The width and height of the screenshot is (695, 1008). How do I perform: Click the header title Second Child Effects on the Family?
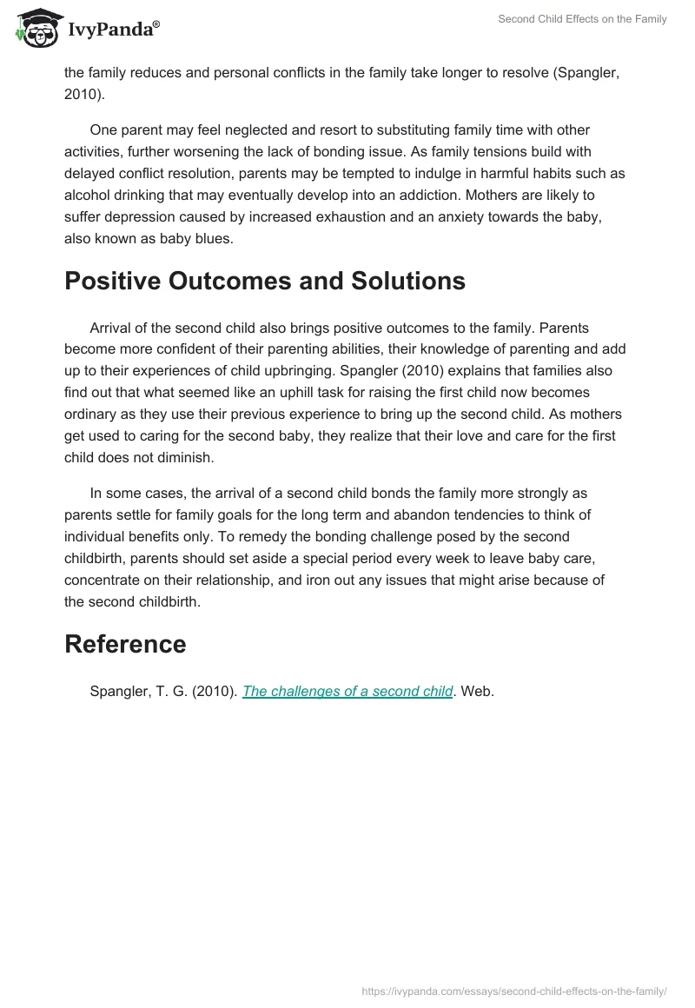tap(582, 19)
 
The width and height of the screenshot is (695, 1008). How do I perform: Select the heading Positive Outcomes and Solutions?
tap(264, 281)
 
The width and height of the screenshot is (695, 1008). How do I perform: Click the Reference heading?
tap(125, 644)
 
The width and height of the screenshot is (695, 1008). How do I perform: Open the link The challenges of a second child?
tap(347, 692)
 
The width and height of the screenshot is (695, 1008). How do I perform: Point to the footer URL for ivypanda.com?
tap(514, 990)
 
